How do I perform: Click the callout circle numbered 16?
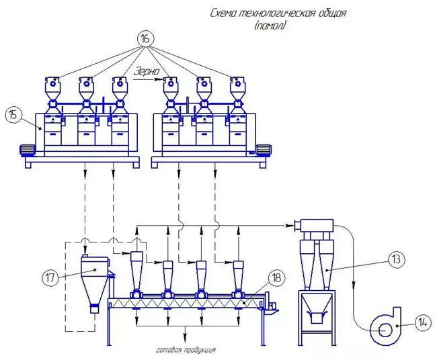pyautogui.click(x=145, y=38)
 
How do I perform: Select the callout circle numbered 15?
pyautogui.click(x=13, y=114)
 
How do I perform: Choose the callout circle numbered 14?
pyautogui.click(x=422, y=322)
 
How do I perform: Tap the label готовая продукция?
pyautogui.click(x=186, y=351)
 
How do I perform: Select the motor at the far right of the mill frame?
pyautogui.click(x=264, y=150)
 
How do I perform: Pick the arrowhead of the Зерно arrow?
pyautogui.click(x=162, y=79)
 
